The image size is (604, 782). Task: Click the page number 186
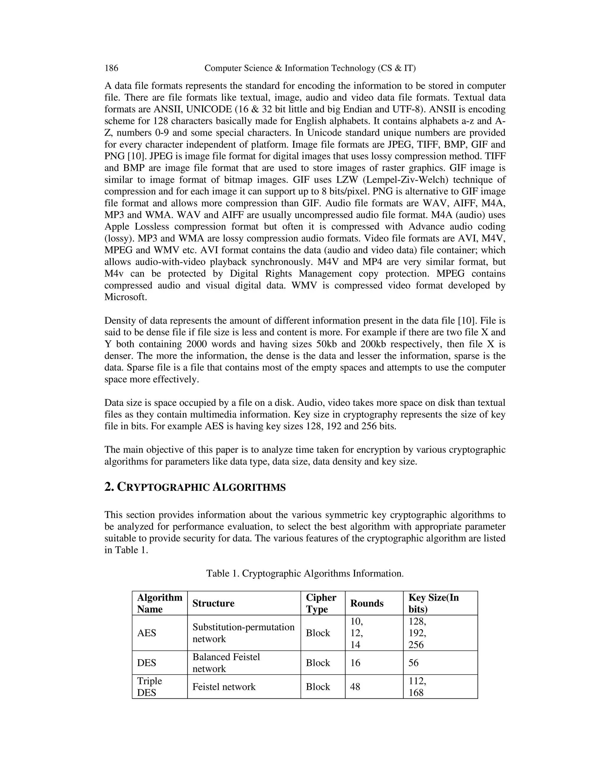[x=111, y=68]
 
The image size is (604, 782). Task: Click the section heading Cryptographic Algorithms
[x=195, y=487]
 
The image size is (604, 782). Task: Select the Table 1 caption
[x=305, y=573]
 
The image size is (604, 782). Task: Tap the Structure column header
[x=213, y=603]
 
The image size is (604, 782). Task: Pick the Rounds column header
[x=367, y=603]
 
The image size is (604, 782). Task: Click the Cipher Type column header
[x=321, y=603]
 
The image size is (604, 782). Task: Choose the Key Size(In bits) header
[x=433, y=603]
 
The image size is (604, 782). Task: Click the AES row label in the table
[x=147, y=633]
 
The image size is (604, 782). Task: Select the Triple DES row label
[x=150, y=687]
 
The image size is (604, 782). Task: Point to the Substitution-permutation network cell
[x=243, y=633]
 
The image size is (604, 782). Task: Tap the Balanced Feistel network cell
[x=226, y=663]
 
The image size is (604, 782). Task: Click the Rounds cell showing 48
[x=355, y=687]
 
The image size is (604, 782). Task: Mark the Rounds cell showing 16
[x=355, y=663]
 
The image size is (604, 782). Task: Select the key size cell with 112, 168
[x=417, y=687]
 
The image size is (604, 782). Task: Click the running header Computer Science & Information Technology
[x=310, y=68]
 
